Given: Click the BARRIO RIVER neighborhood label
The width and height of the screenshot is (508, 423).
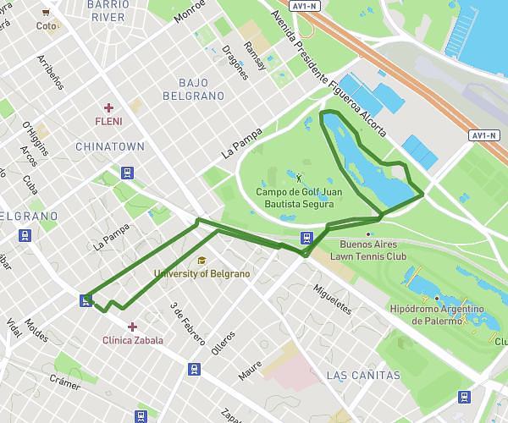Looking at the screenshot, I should click(x=108, y=10).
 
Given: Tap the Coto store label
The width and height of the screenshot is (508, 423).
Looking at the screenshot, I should click(x=46, y=26).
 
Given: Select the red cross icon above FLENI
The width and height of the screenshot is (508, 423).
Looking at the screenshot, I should click(x=108, y=107).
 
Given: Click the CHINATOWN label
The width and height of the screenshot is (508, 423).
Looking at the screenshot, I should click(x=109, y=146).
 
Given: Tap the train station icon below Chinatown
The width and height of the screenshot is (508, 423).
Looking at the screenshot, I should click(x=127, y=173).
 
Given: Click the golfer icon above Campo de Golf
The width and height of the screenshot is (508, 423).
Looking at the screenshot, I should click(x=299, y=178).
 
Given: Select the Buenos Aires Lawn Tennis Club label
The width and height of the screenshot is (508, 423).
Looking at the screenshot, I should click(x=367, y=250).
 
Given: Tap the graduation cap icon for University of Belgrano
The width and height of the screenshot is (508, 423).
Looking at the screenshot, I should click(x=202, y=261).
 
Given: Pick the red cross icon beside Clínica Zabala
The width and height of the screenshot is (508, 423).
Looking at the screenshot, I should click(x=132, y=327).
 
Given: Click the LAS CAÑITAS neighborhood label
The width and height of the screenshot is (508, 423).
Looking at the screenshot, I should click(x=362, y=375).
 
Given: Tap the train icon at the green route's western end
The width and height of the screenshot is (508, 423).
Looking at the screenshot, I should click(x=86, y=299).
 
